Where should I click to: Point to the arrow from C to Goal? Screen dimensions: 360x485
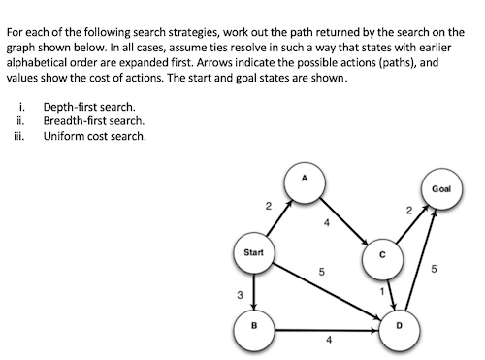(409, 223)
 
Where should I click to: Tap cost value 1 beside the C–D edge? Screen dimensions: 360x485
(382, 291)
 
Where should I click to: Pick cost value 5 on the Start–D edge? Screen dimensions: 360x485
(321, 271)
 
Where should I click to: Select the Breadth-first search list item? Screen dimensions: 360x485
(93, 120)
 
